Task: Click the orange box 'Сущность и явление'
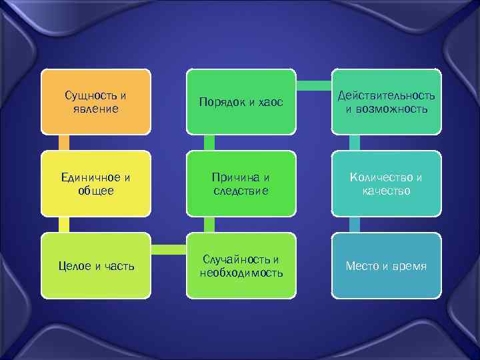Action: [95, 101]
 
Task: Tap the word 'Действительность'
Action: [387, 95]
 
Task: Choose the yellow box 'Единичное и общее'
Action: [95, 183]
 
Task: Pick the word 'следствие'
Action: [241, 191]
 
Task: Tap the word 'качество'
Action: [387, 191]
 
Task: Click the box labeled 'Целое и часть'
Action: [95, 266]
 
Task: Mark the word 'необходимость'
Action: [241, 273]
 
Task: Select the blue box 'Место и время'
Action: [387, 266]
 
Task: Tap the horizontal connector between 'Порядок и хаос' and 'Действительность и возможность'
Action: [314, 85]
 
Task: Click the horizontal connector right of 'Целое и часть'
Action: [168, 249]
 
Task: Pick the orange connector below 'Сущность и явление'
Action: [64, 142]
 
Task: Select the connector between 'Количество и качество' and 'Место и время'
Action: [355, 224]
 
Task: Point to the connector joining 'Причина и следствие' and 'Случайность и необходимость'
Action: [209, 224]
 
